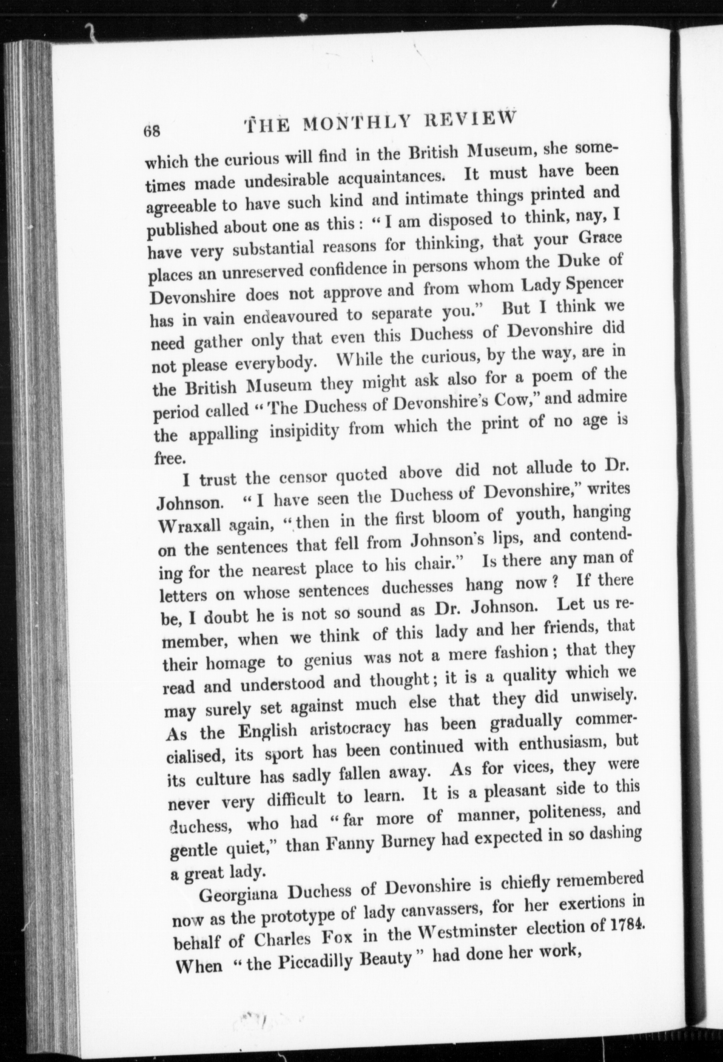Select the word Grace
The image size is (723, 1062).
[599, 238]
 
